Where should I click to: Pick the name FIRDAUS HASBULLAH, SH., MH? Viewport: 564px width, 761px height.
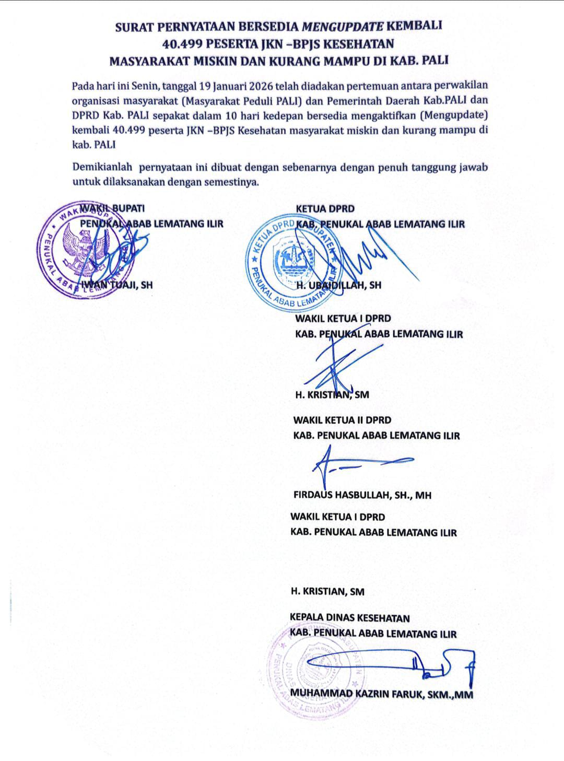click(x=362, y=495)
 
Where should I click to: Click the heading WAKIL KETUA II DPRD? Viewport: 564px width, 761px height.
click(x=342, y=419)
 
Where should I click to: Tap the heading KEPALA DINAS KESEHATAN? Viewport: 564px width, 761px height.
click(x=349, y=618)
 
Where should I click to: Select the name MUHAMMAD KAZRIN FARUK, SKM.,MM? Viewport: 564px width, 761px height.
click(x=382, y=694)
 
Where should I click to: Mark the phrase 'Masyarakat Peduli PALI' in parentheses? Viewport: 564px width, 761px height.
click(x=226, y=100)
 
